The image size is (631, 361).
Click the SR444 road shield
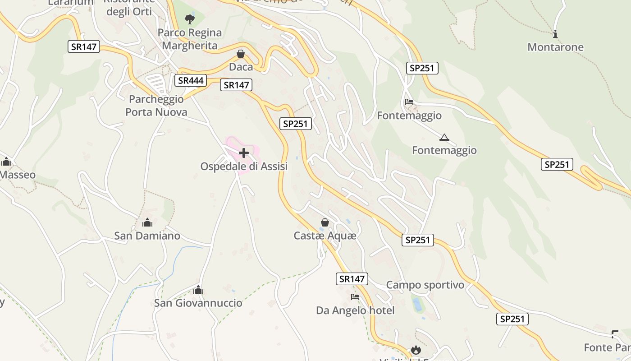point(191,81)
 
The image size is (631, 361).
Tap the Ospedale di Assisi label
point(244,167)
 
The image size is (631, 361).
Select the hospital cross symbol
point(244,153)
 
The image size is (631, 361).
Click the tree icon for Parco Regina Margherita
point(190,19)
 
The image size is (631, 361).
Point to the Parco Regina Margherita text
point(190,39)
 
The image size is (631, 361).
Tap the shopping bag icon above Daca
point(241,54)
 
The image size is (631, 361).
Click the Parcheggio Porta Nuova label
point(156,106)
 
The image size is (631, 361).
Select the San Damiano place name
point(147,236)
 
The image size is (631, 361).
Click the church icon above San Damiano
point(147,222)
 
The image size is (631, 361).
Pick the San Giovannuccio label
point(198,303)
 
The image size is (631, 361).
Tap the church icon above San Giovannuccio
point(198,290)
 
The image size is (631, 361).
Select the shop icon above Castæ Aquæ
point(325,222)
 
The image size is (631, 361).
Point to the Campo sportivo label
point(425,285)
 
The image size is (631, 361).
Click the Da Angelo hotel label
point(355,310)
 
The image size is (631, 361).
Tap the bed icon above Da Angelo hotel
point(355,297)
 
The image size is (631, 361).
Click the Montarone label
point(555,47)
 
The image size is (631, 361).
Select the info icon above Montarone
point(555,34)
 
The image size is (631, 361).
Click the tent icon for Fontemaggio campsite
point(444,137)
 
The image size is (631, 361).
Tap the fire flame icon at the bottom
point(416,350)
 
